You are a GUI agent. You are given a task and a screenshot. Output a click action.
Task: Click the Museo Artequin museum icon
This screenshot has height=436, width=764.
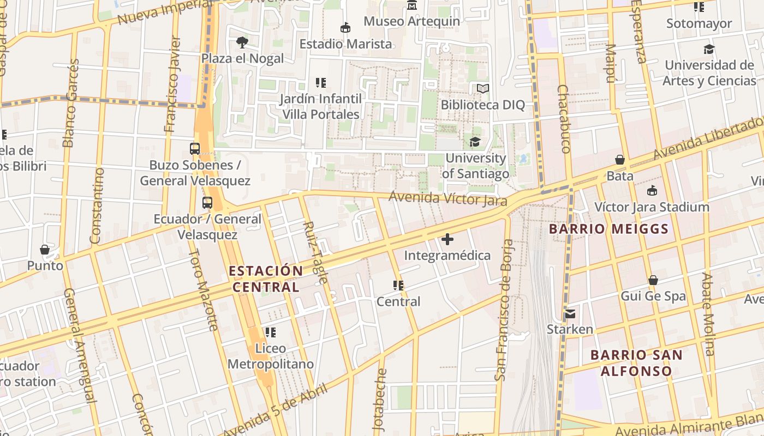pos(412,5)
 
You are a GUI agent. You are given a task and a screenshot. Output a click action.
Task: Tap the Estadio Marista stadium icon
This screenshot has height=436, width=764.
pos(345,28)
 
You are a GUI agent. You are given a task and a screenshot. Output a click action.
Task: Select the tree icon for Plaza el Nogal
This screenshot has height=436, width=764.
pos(242,42)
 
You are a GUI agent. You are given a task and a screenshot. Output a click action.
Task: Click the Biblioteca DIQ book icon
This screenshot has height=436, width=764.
pos(482,88)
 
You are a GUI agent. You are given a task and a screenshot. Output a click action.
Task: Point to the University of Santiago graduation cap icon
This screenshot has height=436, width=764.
pos(475,142)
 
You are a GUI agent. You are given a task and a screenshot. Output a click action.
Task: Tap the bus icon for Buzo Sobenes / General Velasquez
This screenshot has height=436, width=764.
pos(195,148)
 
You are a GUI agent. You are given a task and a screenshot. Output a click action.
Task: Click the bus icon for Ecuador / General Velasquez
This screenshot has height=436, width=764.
pos(207,203)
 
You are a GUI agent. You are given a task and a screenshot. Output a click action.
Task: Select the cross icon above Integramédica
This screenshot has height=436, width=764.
pos(447,239)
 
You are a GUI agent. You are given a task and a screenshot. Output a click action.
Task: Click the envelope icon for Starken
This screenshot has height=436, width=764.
pos(570,313)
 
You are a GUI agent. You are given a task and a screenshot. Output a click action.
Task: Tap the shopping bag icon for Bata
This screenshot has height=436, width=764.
pos(620,160)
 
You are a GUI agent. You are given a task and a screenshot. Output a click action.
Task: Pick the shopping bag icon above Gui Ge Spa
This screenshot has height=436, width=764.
pos(653,281)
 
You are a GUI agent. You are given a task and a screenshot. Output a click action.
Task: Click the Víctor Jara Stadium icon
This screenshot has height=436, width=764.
pos(652,191)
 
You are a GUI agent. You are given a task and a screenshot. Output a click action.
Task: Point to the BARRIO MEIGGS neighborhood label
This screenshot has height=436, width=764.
pos(608,229)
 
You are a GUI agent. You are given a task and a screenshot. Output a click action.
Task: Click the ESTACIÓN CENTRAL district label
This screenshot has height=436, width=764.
pos(266,278)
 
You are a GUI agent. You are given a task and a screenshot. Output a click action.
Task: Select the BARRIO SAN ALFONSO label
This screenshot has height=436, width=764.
pos(636,363)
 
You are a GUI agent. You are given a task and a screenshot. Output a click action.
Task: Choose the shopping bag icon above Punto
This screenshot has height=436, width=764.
pos(45,250)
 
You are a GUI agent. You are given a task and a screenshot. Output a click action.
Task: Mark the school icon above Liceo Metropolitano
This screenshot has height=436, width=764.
pos(270,332)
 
